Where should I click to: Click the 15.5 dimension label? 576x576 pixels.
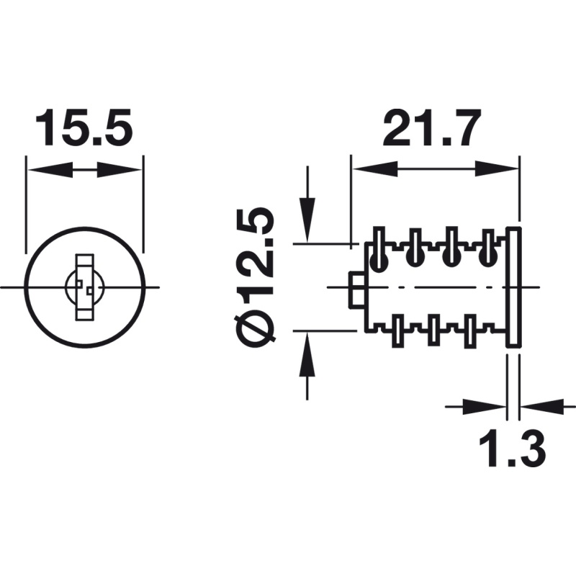point(84,127)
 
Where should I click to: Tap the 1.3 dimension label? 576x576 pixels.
point(512,448)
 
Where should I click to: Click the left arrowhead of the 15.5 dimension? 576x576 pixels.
point(50,170)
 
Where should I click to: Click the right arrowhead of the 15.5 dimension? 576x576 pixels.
point(119,170)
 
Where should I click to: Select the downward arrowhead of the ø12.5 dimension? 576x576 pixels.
point(307,220)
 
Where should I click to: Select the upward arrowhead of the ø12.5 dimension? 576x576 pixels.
point(307,354)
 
